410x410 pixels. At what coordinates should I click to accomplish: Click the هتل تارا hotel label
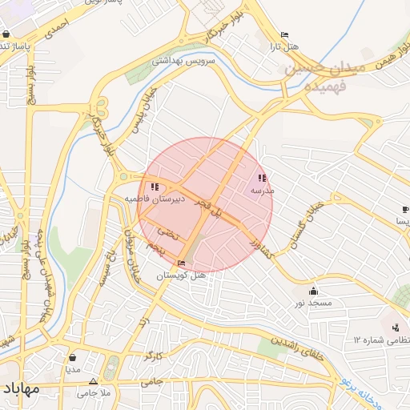[x=284, y=46]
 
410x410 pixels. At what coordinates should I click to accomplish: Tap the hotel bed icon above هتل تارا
[x=284, y=35]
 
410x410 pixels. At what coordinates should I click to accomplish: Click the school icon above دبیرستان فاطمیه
[x=155, y=186]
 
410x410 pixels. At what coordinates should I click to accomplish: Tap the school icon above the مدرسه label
[x=261, y=179]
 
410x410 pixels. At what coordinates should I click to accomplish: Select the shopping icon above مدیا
[x=73, y=357]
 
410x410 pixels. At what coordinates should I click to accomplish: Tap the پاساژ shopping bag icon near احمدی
[x=6, y=34]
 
